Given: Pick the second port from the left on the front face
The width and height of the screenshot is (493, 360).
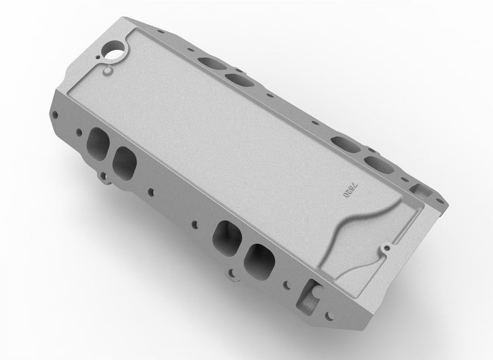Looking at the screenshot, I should pos(125,160).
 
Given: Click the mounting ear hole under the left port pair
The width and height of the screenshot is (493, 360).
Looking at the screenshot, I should pos(105,179).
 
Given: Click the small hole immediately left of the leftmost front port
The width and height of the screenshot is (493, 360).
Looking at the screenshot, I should pos(79,132).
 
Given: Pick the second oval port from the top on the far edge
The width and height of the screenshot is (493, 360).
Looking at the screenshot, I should pos(237,79).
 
